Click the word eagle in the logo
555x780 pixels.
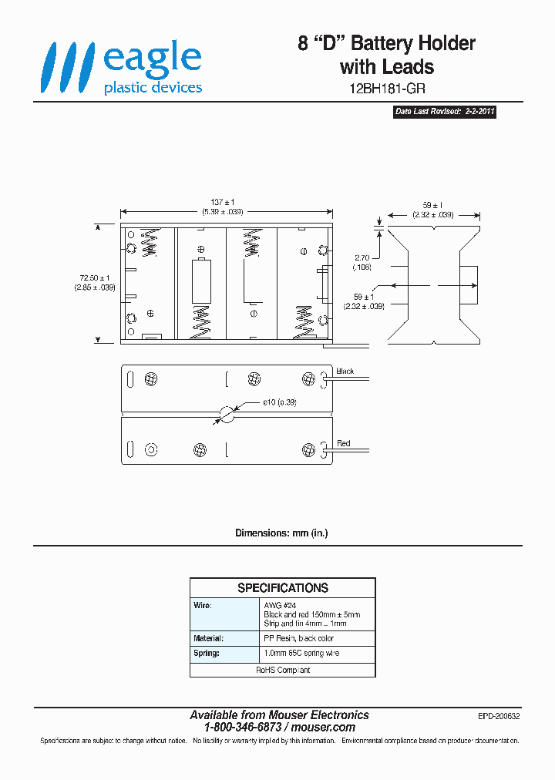click(x=153, y=59)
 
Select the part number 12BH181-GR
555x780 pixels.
click(x=387, y=89)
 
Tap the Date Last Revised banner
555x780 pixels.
click(x=445, y=112)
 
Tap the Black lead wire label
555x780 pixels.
click(x=345, y=372)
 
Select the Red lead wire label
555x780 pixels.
click(x=344, y=443)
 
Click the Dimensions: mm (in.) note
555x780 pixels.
click(x=281, y=533)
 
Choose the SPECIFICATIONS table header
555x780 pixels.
click(x=283, y=588)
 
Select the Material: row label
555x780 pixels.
click(x=208, y=638)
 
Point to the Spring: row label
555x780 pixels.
click(x=206, y=654)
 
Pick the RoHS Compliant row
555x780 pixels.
click(x=283, y=670)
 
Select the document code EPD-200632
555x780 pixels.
click(x=499, y=716)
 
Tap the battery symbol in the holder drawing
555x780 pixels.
click(x=200, y=282)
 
